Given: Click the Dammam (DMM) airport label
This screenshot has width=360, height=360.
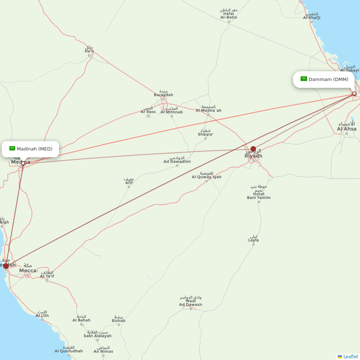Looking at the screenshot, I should tap(328, 79).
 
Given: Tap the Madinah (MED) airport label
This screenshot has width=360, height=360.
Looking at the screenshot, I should tap(34, 149).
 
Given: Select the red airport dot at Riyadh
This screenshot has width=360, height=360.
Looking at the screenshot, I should tap(253, 149).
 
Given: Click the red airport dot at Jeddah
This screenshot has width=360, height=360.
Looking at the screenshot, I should tap(6, 266).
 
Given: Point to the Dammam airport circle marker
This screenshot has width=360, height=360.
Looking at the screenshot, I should tap(354, 94).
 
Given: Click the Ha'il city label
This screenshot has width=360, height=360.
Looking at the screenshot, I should tap(89, 50).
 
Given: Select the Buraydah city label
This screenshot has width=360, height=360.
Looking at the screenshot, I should tap(163, 93).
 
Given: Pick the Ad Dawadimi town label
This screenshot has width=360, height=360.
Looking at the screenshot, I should tap(177, 160).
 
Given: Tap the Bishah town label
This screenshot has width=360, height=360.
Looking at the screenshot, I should tap(118, 319).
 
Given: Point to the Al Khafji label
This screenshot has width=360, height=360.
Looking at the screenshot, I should tap(311, 16).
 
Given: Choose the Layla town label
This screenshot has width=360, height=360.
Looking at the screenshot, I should tap(253, 239).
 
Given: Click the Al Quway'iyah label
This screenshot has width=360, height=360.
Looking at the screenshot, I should tap(206, 175).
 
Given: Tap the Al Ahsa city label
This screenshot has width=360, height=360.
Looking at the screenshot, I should tap(347, 127).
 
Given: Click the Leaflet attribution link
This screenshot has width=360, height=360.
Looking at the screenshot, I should tap(350, 356).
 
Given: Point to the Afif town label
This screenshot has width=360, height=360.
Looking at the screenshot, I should tap(129, 181).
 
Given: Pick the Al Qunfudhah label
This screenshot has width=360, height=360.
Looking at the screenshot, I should tap(69, 349).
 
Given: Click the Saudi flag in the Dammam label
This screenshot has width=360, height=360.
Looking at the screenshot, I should tap(303, 79).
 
